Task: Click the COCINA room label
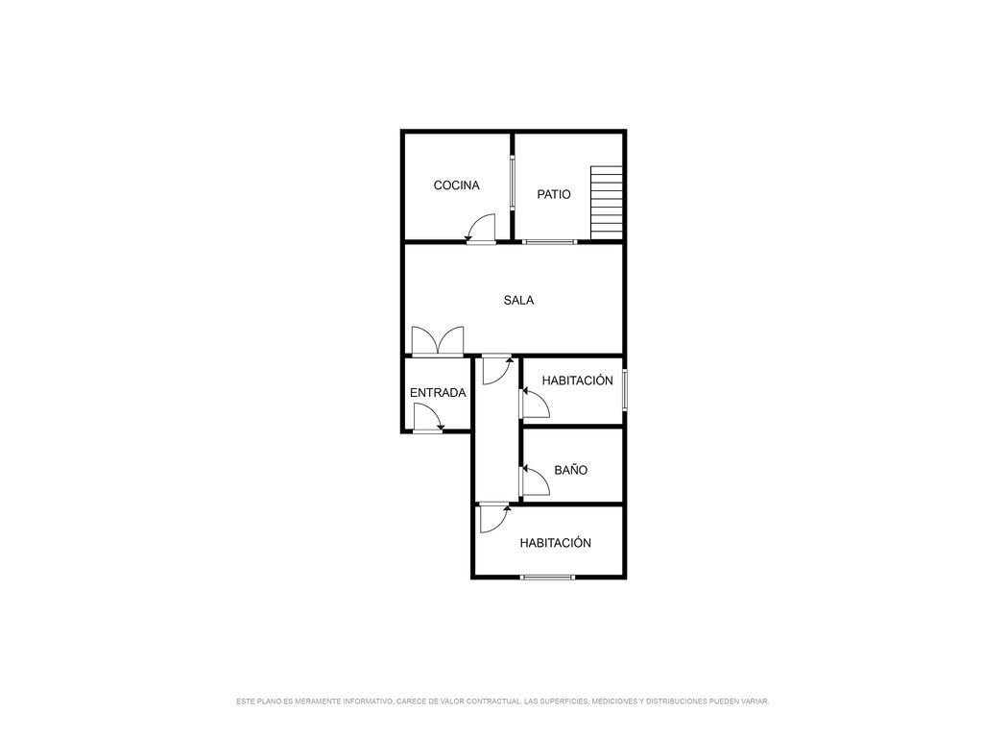click(x=456, y=185)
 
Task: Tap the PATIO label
click(x=554, y=194)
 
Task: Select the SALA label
click(x=518, y=301)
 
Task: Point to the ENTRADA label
click(x=438, y=393)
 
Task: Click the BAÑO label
click(x=570, y=470)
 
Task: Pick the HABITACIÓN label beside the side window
click(x=577, y=381)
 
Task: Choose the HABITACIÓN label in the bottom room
click(x=556, y=543)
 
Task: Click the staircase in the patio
click(x=607, y=203)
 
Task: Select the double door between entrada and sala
click(x=438, y=341)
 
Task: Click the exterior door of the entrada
click(x=429, y=417)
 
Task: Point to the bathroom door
click(x=535, y=480)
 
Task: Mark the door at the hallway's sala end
click(x=497, y=370)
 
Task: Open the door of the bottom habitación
click(x=494, y=518)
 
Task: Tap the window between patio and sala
click(x=549, y=241)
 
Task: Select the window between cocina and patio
click(x=513, y=182)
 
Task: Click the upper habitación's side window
click(x=624, y=390)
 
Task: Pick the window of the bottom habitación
click(x=547, y=577)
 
